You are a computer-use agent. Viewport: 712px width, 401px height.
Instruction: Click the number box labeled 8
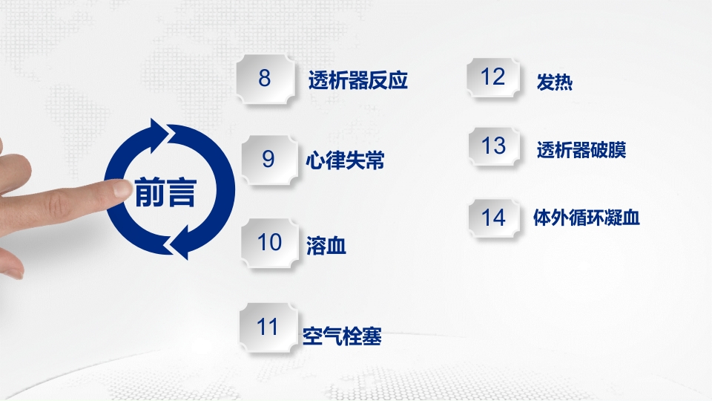tap(265, 78)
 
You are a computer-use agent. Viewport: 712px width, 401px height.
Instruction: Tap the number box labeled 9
tap(268, 159)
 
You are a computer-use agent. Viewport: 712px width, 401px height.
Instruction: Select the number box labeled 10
tap(270, 242)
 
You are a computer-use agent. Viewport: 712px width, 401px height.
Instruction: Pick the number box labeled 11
tap(267, 327)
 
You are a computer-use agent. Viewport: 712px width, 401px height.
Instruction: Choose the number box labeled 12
tap(493, 77)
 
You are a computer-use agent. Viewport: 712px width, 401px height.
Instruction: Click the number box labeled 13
tap(493, 146)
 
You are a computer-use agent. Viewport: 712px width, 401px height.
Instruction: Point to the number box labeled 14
tap(493, 218)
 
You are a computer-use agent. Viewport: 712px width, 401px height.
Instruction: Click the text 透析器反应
tap(358, 80)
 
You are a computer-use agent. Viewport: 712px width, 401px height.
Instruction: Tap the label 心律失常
tap(345, 160)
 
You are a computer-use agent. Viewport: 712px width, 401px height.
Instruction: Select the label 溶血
tap(326, 244)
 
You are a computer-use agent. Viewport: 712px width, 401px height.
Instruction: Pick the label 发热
tap(554, 82)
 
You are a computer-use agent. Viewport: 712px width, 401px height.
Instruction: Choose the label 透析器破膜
tap(581, 150)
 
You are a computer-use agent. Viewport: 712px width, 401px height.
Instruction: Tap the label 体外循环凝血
tap(586, 218)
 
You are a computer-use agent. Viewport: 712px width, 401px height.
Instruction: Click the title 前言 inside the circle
tap(166, 192)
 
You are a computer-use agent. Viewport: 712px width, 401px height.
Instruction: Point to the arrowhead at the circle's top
tap(158, 134)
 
